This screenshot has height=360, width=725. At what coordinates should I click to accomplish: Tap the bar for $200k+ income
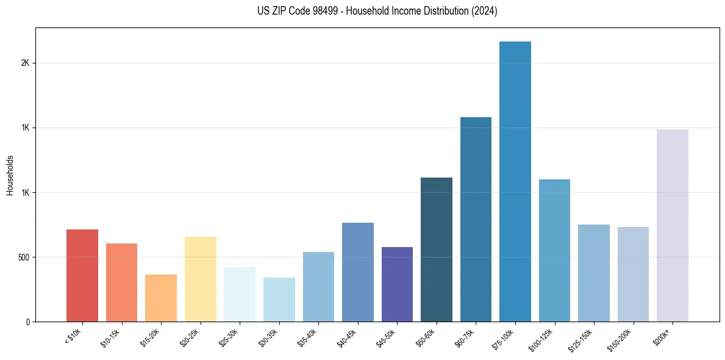click(673, 226)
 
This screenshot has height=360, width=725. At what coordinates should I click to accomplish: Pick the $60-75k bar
click(476, 220)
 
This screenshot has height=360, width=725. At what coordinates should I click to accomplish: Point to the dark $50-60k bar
click(437, 250)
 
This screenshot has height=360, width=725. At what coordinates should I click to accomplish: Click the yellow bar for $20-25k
click(201, 279)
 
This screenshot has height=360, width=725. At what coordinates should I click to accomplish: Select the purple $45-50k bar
click(397, 284)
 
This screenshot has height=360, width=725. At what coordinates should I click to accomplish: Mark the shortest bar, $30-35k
click(279, 300)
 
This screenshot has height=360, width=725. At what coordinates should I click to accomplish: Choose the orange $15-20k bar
click(161, 298)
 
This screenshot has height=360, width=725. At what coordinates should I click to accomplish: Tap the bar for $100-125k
click(554, 251)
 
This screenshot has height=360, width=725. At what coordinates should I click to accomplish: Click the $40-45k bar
click(358, 272)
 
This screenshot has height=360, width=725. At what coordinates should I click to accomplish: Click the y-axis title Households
click(10, 175)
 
